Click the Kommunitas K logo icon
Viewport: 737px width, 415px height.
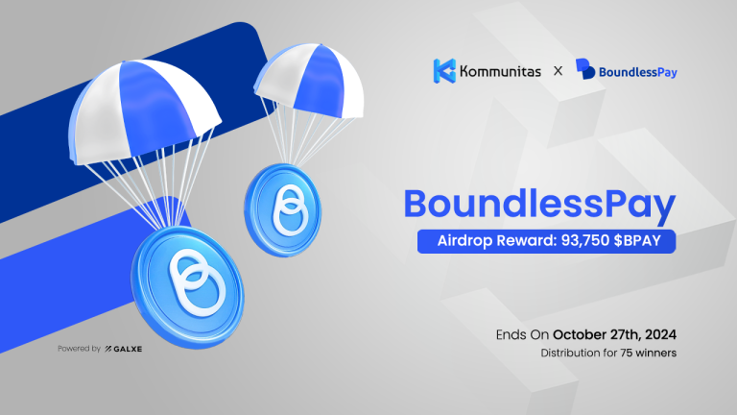coord(444,70)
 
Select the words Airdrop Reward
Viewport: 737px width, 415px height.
coord(484,241)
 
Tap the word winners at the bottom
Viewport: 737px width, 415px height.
coord(655,354)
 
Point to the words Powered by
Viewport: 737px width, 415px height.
coord(80,348)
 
